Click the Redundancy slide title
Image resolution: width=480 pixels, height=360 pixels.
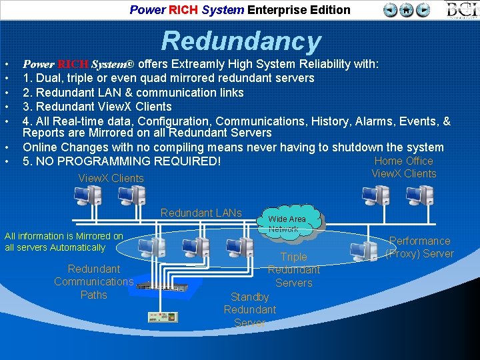pyautogui.click(x=241, y=41)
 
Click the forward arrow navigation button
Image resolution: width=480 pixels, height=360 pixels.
pyautogui.click(x=423, y=10)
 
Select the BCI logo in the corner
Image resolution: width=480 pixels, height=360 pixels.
pyautogui.click(x=461, y=10)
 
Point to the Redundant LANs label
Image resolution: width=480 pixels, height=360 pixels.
pyautogui.click(x=201, y=213)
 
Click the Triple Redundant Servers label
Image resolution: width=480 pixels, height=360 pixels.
pyautogui.click(x=293, y=270)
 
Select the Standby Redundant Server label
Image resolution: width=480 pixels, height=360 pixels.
pyautogui.click(x=249, y=310)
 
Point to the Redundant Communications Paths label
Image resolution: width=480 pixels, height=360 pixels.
pyautogui.click(x=93, y=282)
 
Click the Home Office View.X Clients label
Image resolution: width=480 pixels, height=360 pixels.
pyautogui.click(x=403, y=167)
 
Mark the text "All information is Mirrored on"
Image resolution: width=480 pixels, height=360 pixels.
pyautogui.click(x=63, y=236)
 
